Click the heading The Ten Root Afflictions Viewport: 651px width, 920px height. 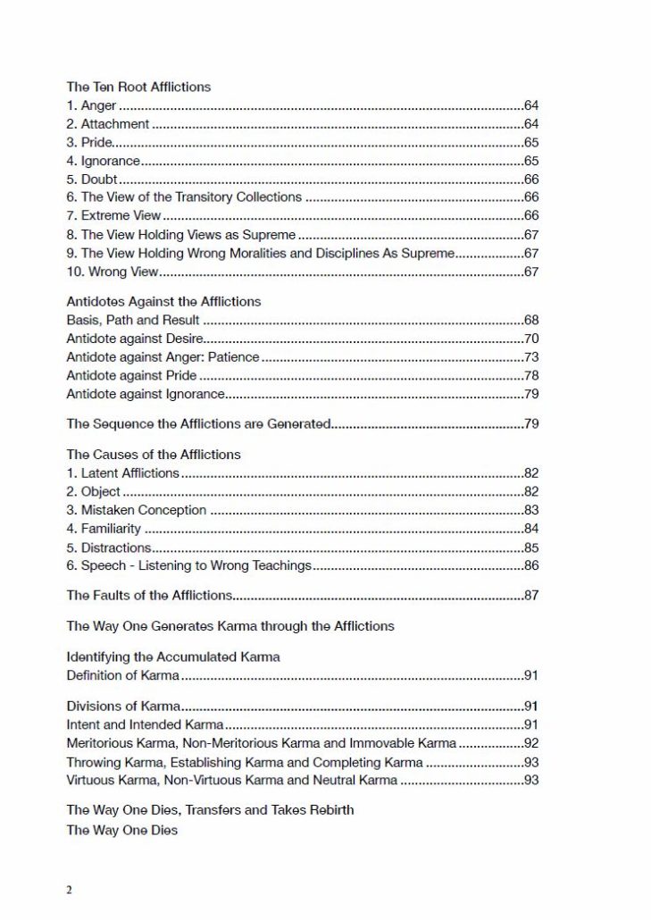click(138, 88)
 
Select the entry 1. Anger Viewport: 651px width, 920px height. click(91, 106)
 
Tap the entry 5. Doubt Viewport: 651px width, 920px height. click(92, 180)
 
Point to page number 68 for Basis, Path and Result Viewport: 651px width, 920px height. click(530, 320)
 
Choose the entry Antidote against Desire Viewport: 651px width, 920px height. click(135, 339)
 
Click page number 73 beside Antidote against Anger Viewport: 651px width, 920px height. click(530, 357)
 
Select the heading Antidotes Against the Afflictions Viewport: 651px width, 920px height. click(163, 302)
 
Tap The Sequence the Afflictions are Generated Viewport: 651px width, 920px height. click(199, 423)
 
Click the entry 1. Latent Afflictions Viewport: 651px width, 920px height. click(123, 473)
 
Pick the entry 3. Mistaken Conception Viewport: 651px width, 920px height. click(137, 510)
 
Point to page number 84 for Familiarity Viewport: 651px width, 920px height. click(530, 529)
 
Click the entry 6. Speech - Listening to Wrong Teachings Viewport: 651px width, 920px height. click(189, 565)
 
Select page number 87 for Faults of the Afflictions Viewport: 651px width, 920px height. click(530, 595)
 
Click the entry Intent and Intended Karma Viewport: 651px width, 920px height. click(145, 724)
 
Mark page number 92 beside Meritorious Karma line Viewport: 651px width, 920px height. click(530, 743)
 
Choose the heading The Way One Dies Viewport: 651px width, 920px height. click(121, 831)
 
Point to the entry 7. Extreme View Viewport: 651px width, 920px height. click(114, 216)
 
